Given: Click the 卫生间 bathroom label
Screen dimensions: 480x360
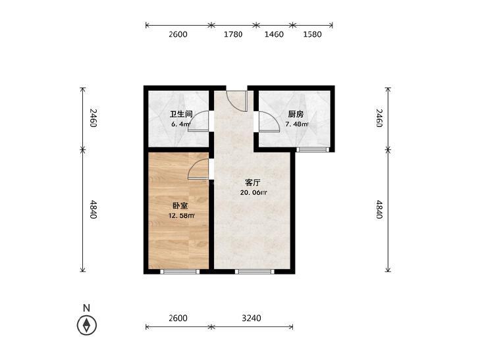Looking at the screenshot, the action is (x=181, y=115).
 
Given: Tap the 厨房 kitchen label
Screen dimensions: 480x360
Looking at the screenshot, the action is (x=296, y=115).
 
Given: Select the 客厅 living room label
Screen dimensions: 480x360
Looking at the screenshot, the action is (x=253, y=183).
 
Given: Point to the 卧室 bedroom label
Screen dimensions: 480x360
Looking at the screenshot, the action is (x=180, y=206).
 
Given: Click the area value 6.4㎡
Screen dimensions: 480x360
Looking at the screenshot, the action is (x=181, y=124).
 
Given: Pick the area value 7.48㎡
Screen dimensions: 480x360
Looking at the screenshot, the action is (x=297, y=124).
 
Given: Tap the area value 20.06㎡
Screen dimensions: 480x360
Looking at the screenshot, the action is (x=253, y=193).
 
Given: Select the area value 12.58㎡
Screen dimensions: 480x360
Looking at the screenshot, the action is (x=182, y=216).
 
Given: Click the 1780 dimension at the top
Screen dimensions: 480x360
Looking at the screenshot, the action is (x=233, y=34).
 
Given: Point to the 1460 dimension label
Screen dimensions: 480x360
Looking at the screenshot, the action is (x=274, y=34).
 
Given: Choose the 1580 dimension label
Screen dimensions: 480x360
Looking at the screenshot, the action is (x=312, y=34).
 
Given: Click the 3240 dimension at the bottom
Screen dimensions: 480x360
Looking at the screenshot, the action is (x=252, y=319).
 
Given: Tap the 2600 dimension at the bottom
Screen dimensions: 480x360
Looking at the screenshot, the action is (x=178, y=319).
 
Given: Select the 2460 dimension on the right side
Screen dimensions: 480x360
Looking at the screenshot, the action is (x=379, y=118).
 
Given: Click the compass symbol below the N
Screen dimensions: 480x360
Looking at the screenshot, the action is (x=87, y=325).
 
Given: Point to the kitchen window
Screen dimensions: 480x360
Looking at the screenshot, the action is (x=313, y=149).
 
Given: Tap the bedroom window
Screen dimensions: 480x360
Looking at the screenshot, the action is (x=180, y=272).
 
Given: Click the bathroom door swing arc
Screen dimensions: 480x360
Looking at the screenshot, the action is (x=196, y=119).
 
